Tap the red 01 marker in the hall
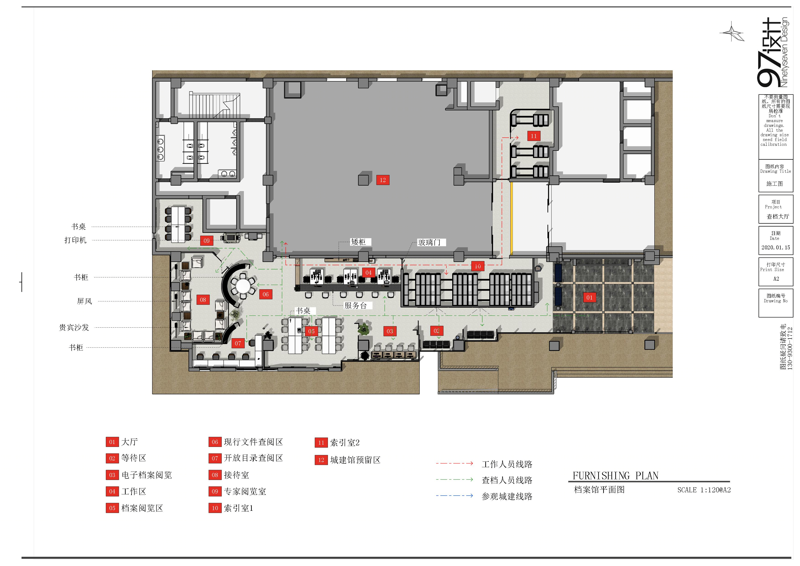(589, 297)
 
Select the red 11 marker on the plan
(533, 136)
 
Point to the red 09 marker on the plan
(206, 240)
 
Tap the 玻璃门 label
(429, 242)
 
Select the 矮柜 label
(358, 242)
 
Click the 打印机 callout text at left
(75, 240)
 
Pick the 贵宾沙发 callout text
(74, 327)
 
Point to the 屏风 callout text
(84, 301)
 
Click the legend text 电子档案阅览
(147, 475)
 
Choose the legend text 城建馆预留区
(355, 460)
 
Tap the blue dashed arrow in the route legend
(454, 495)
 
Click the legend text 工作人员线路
(507, 464)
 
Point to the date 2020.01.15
(776, 248)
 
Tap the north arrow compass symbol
(732, 33)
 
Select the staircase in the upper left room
(215, 104)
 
